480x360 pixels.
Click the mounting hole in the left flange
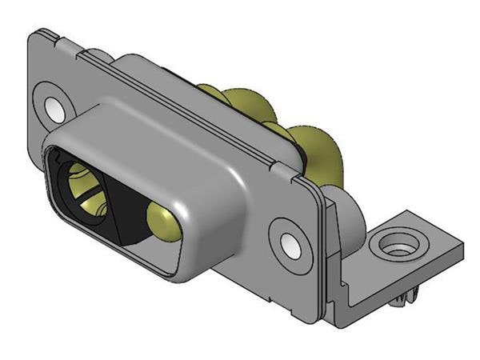click(54, 106)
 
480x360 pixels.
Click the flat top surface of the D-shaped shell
click(160, 136)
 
